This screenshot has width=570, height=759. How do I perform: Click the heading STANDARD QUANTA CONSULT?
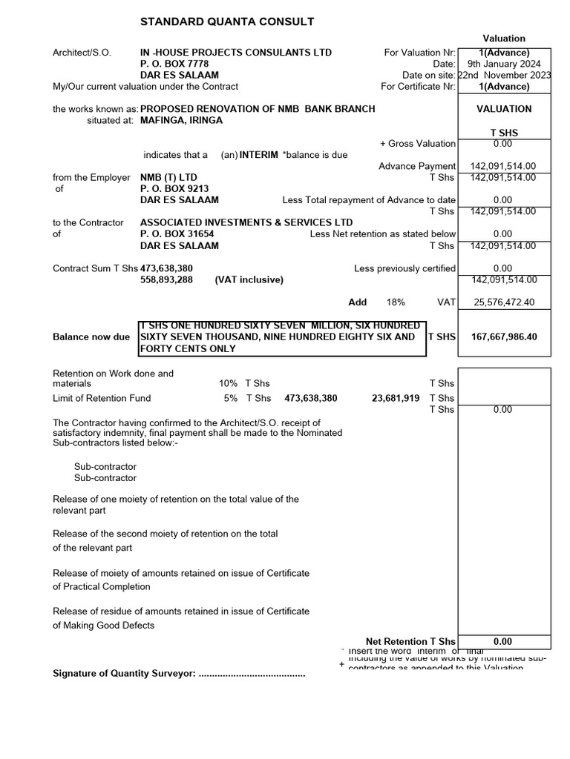(x=227, y=22)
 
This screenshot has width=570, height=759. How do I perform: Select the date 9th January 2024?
(x=504, y=64)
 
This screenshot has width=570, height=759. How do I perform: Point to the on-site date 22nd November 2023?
(x=505, y=75)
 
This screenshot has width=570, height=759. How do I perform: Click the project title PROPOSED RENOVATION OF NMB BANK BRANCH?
(x=258, y=109)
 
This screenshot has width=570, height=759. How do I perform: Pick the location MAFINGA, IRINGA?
(x=181, y=120)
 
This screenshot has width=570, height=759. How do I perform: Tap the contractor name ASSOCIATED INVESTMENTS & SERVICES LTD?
(x=246, y=222)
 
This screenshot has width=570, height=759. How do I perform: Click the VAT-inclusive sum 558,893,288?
(x=167, y=280)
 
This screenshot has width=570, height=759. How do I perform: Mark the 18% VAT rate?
(x=396, y=302)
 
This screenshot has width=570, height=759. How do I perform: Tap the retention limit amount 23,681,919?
(x=395, y=398)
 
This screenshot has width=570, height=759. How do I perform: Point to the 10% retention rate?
(x=228, y=383)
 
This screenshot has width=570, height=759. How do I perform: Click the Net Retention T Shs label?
(x=410, y=641)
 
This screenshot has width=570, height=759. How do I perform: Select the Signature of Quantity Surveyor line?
(x=179, y=673)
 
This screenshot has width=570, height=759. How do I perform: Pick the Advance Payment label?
(x=417, y=166)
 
